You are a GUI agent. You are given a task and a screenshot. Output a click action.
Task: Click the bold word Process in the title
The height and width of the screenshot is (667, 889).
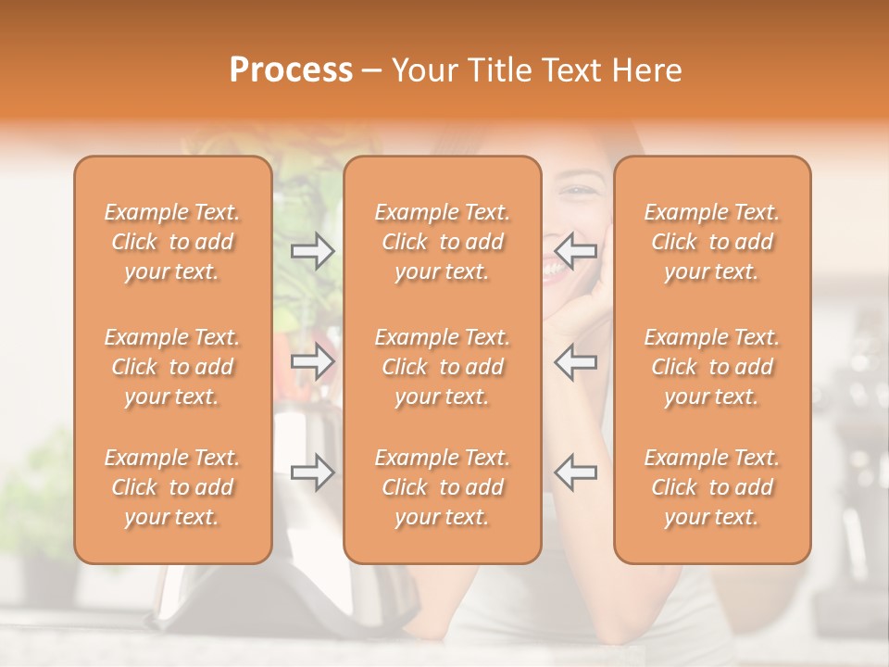pyautogui.click(x=291, y=70)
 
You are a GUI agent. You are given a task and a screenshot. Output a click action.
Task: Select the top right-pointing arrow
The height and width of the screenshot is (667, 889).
pyautogui.click(x=313, y=250)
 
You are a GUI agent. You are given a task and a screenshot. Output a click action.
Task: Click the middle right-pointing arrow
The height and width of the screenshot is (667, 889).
pyautogui.click(x=313, y=362)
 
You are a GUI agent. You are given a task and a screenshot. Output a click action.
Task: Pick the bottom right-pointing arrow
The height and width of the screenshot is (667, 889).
pyautogui.click(x=313, y=472)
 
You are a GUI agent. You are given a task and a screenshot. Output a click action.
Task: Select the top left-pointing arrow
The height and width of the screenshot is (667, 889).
pyautogui.click(x=576, y=250)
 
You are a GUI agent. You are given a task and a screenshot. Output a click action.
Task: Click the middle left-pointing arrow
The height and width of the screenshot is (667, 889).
pyautogui.click(x=576, y=362)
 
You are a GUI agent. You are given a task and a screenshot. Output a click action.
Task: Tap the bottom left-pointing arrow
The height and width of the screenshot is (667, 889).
pyautogui.click(x=576, y=472)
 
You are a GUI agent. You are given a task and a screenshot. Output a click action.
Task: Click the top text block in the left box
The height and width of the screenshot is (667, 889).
pyautogui.click(x=172, y=242)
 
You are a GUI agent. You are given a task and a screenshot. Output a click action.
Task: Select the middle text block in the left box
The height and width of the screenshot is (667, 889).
pyautogui.click(x=172, y=367)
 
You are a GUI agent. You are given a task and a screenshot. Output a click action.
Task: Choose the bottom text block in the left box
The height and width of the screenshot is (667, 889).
pyautogui.click(x=172, y=487)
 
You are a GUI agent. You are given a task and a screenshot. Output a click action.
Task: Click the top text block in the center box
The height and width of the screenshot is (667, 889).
pyautogui.click(x=443, y=242)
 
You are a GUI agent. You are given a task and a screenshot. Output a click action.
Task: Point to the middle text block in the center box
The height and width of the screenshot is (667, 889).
pyautogui.click(x=443, y=367)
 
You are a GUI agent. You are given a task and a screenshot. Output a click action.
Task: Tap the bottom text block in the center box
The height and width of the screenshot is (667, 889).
pyautogui.click(x=443, y=487)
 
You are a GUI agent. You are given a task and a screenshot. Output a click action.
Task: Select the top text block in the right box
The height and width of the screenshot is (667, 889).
pyautogui.click(x=712, y=242)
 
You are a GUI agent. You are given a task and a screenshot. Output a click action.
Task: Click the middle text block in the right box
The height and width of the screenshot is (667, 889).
pyautogui.click(x=712, y=367)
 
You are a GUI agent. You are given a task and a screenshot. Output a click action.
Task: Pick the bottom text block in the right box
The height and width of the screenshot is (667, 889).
pyautogui.click(x=712, y=487)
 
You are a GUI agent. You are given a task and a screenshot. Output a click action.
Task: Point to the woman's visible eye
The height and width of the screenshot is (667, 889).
pyautogui.click(x=581, y=191)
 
